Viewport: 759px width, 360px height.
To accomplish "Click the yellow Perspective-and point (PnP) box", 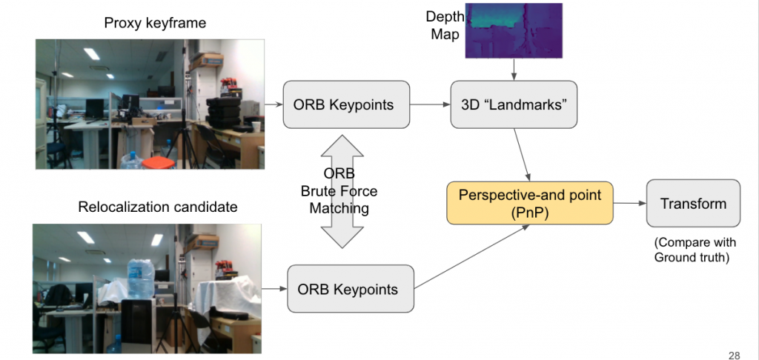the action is [529, 203].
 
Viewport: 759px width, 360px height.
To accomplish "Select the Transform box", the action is [693, 203].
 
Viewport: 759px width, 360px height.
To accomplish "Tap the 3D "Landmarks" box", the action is [514, 104].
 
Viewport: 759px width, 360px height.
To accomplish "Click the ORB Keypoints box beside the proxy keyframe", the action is [346, 104].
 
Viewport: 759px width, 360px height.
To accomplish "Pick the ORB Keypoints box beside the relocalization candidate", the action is [351, 289].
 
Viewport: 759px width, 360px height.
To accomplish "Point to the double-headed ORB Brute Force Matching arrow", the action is [342, 192].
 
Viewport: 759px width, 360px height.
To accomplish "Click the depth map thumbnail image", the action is [514, 30].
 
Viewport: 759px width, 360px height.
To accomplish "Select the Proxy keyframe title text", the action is [155, 23].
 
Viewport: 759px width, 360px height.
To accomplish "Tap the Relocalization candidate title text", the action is [158, 207].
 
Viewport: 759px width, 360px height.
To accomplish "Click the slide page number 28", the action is [734, 356].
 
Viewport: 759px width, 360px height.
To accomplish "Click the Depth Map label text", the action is [445, 26].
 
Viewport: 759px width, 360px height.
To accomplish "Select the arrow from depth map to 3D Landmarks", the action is [514, 69].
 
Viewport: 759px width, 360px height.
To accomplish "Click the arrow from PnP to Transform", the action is [630, 203].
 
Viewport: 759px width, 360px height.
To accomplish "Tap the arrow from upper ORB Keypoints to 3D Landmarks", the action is [430, 104].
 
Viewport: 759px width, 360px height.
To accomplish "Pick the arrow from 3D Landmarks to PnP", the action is [522, 155].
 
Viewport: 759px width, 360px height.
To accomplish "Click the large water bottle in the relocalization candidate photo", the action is [140, 279].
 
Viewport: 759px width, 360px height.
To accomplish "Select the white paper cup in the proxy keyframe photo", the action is [256, 127].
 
